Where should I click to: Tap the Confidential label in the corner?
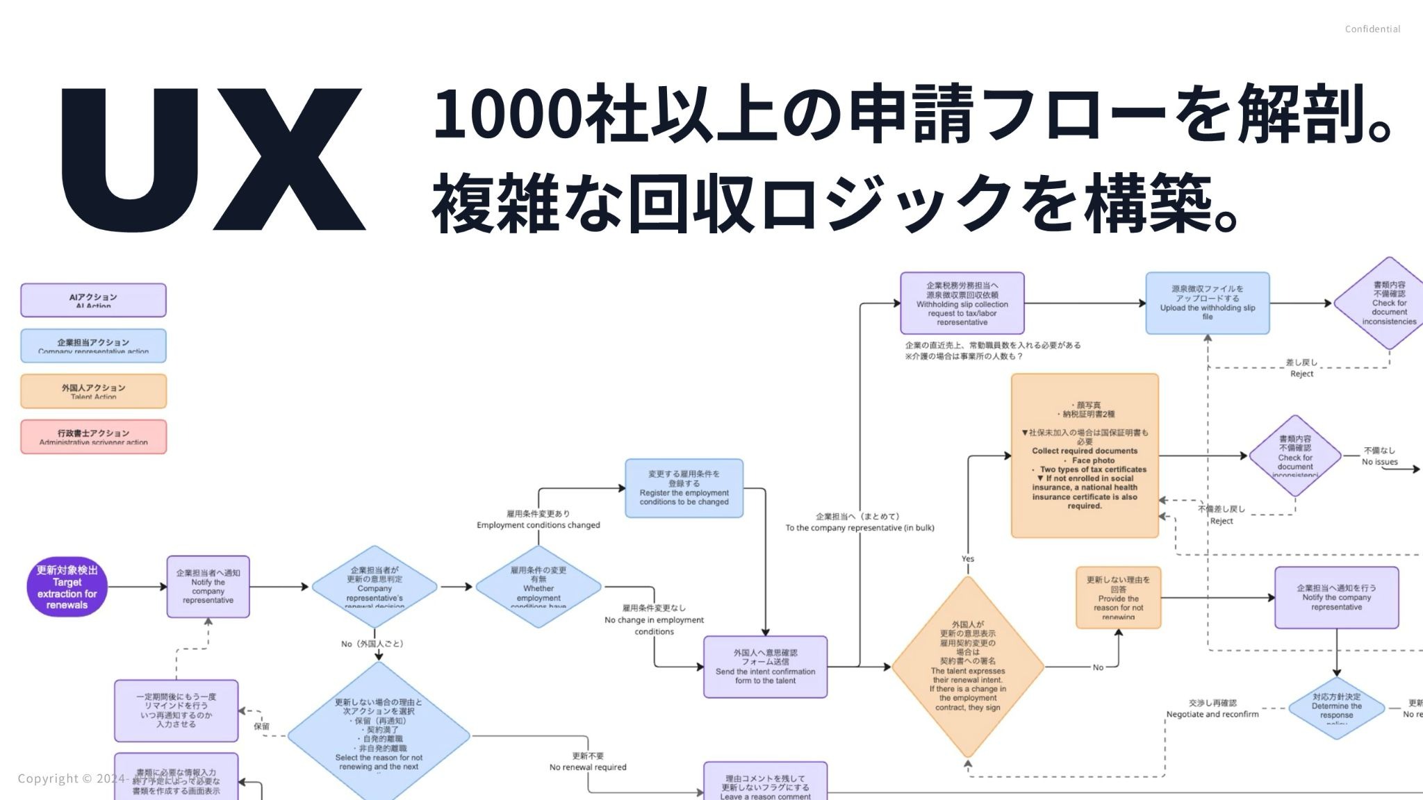coord(1372,29)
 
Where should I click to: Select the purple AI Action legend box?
coord(93,300)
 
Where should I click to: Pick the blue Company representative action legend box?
coord(93,345)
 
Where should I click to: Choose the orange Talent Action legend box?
coord(93,391)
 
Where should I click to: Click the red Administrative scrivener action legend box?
coord(93,436)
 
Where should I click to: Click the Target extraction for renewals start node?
coord(67,587)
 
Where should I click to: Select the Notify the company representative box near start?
coord(208,587)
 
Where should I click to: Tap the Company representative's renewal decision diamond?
coord(375,587)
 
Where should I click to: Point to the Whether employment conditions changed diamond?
coord(538,587)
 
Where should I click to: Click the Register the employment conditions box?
coord(684,488)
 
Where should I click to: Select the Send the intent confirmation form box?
coord(765,667)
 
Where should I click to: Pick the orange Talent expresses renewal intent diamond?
coord(968,667)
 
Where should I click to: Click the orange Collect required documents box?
coord(1085,456)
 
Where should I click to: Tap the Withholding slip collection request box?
coord(962,303)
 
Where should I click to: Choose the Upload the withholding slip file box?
coord(1207,303)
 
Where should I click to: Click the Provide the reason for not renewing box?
coord(1118,598)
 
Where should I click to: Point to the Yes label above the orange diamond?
coord(968,559)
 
